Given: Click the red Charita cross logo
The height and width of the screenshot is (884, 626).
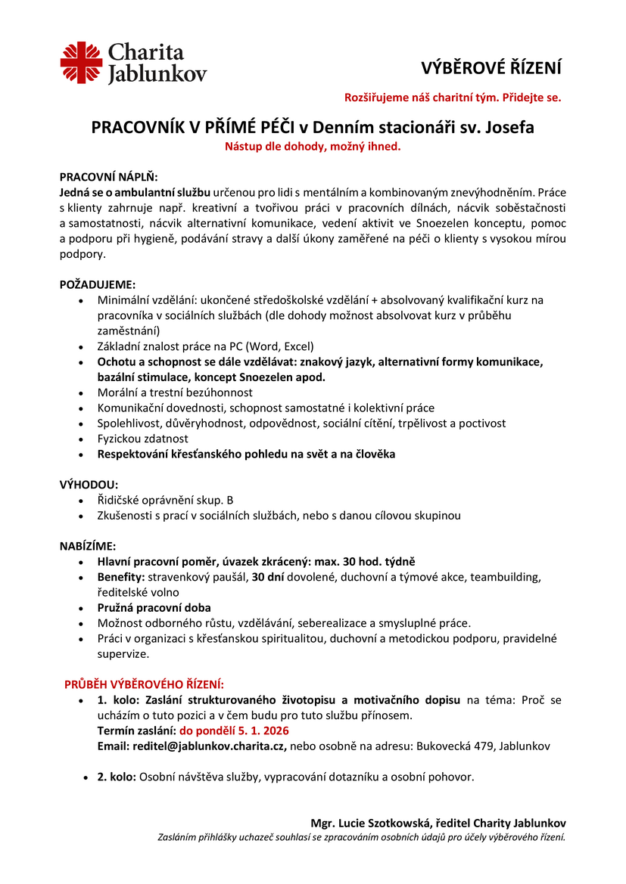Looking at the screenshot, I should pos(81,63).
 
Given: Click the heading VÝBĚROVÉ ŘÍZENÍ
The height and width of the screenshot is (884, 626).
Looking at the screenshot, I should pos(491,68).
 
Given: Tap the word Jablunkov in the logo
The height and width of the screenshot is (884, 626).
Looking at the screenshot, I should pos(157,74).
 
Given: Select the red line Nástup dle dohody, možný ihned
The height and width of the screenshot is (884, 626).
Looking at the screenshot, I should pos(313,147).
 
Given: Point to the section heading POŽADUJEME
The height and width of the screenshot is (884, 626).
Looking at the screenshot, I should pos(98,285).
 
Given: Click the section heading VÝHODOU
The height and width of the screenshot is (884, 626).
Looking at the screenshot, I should pos(89,484).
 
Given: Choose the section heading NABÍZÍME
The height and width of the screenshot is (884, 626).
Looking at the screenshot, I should pos(88,546).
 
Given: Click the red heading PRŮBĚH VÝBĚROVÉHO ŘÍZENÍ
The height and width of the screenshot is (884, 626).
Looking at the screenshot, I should pos(144,684).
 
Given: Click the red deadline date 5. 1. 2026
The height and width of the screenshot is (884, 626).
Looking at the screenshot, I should pos(255,730).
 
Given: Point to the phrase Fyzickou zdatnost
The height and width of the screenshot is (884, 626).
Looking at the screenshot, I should pos(143,439).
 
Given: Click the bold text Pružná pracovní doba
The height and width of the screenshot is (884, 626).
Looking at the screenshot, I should pos(154,607).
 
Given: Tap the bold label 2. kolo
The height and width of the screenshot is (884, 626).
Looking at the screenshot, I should pos(116,777).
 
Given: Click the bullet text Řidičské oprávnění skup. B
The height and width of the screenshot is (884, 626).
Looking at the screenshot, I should pos(166,500).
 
